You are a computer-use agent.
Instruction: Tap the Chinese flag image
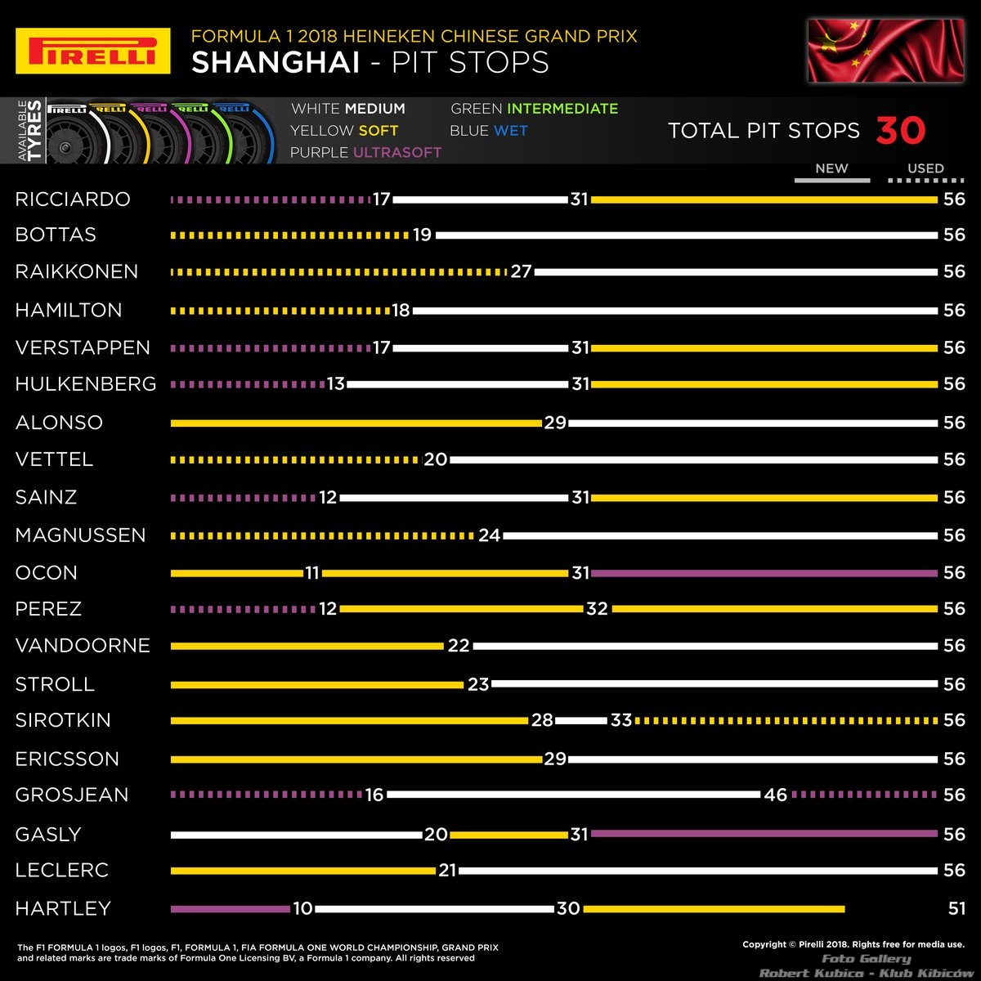(x=868, y=51)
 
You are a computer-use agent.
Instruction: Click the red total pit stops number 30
(x=901, y=131)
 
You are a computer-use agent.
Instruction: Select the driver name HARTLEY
(x=63, y=908)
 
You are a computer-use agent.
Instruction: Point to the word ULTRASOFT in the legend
(x=397, y=152)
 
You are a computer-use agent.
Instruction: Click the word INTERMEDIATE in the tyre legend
(x=562, y=109)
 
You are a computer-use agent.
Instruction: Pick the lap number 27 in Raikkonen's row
(x=521, y=272)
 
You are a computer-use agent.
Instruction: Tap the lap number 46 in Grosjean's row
(x=775, y=795)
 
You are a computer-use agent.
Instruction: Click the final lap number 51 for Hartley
(x=956, y=908)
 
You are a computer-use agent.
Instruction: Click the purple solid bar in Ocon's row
(x=764, y=573)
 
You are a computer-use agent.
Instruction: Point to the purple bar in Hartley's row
(x=231, y=908)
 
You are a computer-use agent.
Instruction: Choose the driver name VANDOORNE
(x=83, y=646)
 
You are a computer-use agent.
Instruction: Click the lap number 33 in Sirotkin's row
(x=621, y=720)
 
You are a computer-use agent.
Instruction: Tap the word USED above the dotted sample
(x=925, y=168)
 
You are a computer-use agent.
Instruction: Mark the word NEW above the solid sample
(x=831, y=168)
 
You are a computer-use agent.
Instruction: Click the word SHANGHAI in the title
(x=275, y=63)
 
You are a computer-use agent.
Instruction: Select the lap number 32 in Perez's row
(x=597, y=609)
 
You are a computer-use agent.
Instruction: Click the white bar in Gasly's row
(x=297, y=834)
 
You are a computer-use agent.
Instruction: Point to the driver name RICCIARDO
(x=73, y=199)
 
